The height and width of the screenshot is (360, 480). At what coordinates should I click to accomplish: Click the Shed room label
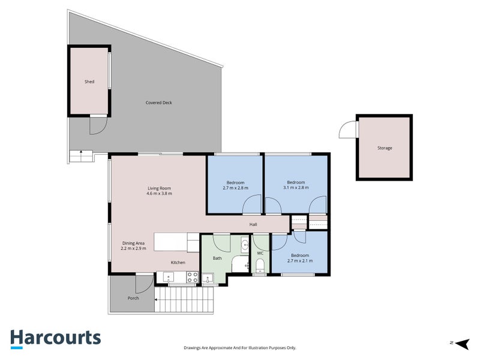[89, 82]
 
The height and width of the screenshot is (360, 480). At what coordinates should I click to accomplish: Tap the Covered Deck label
[158, 103]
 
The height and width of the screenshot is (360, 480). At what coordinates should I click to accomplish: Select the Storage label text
[385, 148]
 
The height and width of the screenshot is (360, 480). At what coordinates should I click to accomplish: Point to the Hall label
[253, 224]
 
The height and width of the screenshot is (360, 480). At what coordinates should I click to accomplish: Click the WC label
[260, 253]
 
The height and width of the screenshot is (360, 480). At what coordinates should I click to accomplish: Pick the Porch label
[133, 298]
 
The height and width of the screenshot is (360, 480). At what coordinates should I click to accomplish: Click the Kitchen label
[178, 262]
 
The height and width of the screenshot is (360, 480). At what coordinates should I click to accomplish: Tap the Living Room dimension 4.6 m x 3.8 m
[159, 193]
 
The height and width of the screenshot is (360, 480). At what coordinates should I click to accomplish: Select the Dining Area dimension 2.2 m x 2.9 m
[133, 248]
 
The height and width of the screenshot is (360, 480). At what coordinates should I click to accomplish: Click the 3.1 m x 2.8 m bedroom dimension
[296, 188]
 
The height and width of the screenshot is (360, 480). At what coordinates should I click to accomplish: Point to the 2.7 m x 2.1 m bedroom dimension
[300, 261]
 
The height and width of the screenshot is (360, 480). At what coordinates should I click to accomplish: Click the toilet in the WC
[260, 265]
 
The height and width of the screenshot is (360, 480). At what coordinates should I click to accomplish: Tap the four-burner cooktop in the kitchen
[192, 277]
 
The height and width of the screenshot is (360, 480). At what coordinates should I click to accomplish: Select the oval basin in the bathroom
[245, 245]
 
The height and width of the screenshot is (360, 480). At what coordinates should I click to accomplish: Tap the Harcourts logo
[56, 339]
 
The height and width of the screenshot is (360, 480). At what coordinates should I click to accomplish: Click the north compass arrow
[462, 343]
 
